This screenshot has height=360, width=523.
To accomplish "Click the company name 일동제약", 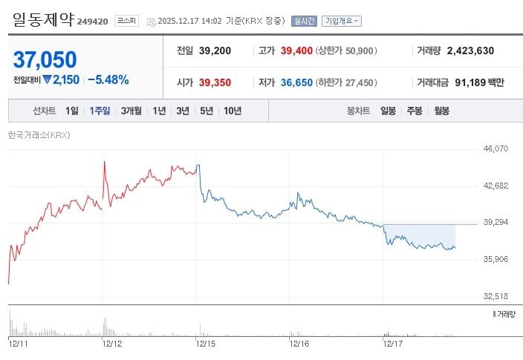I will point(43,19).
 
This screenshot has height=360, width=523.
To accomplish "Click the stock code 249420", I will point(94,22).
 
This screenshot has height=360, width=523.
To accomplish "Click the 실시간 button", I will point(303,21).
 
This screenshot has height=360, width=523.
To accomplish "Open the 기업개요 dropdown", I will point(342,21).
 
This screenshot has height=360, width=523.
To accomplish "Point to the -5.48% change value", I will point(108,79).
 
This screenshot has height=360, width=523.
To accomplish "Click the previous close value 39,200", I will point(215,51).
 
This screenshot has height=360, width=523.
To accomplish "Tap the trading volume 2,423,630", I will point(465,51).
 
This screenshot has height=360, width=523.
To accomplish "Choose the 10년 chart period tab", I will point(232,111).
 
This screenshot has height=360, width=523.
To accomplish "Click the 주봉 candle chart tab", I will point(414,111).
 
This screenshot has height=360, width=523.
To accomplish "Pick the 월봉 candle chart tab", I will point(441,111).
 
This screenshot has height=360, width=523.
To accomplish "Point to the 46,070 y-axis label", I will point(495,148).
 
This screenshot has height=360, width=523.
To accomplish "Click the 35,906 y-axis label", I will point(495,259).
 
